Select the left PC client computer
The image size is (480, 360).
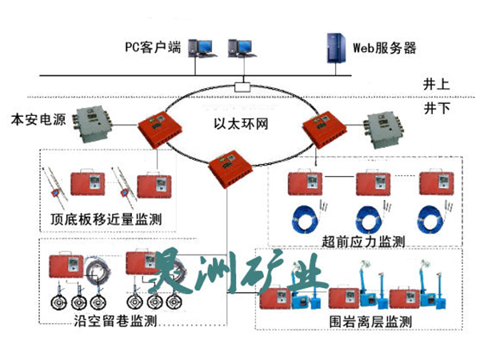point(200,47)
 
